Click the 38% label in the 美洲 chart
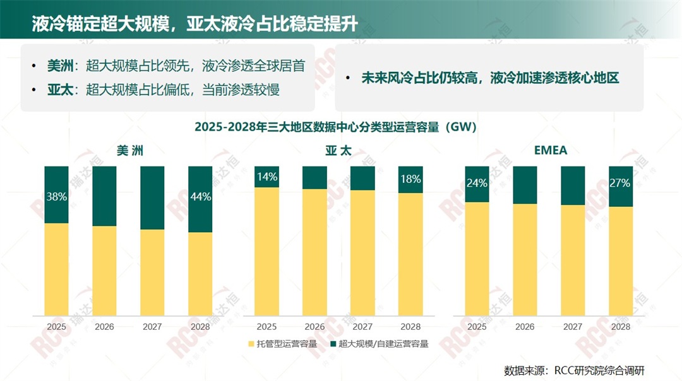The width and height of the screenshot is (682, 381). [57, 197]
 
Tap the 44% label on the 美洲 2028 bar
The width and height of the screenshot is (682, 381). [201, 197]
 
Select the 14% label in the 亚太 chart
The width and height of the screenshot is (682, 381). [266, 177]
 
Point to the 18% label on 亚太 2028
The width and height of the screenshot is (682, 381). [410, 179]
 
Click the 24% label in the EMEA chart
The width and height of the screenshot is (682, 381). [477, 184]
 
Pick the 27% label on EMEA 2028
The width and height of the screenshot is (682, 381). [620, 184]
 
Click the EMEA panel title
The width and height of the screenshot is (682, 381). [551, 150]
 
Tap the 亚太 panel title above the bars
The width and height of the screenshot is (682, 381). [338, 151]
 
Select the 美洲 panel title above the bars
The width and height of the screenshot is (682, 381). [129, 151]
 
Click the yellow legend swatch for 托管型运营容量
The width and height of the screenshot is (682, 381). [251, 344]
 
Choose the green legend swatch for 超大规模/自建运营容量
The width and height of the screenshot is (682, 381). [333, 344]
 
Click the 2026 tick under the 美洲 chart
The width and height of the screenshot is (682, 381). [104, 327]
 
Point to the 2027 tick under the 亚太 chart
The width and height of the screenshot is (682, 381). [362, 327]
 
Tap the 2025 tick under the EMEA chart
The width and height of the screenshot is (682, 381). [477, 327]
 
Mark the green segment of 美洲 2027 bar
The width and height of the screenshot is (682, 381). [152, 198]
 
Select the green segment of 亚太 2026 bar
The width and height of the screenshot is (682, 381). [314, 178]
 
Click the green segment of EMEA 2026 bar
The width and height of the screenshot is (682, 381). [525, 185]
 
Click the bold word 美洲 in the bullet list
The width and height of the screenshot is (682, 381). [60, 66]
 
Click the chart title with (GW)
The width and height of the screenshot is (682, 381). [336, 127]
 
